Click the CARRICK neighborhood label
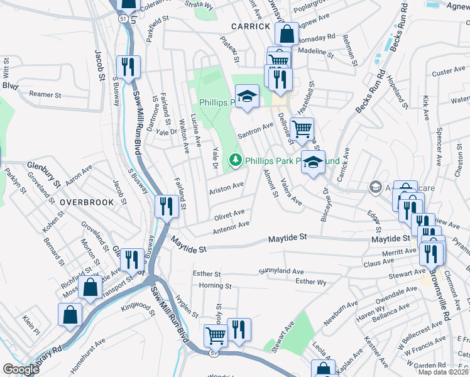click(x=250, y=26)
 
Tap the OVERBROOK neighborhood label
click(x=87, y=202)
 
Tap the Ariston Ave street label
click(x=227, y=187)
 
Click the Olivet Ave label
click(x=229, y=215)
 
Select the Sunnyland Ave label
click(x=281, y=271)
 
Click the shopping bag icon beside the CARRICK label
click(x=287, y=34)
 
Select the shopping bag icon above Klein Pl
click(x=70, y=314)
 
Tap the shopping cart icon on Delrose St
click(x=303, y=129)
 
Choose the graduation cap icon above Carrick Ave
click(x=313, y=162)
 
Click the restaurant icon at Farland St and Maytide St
click(x=166, y=205)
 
